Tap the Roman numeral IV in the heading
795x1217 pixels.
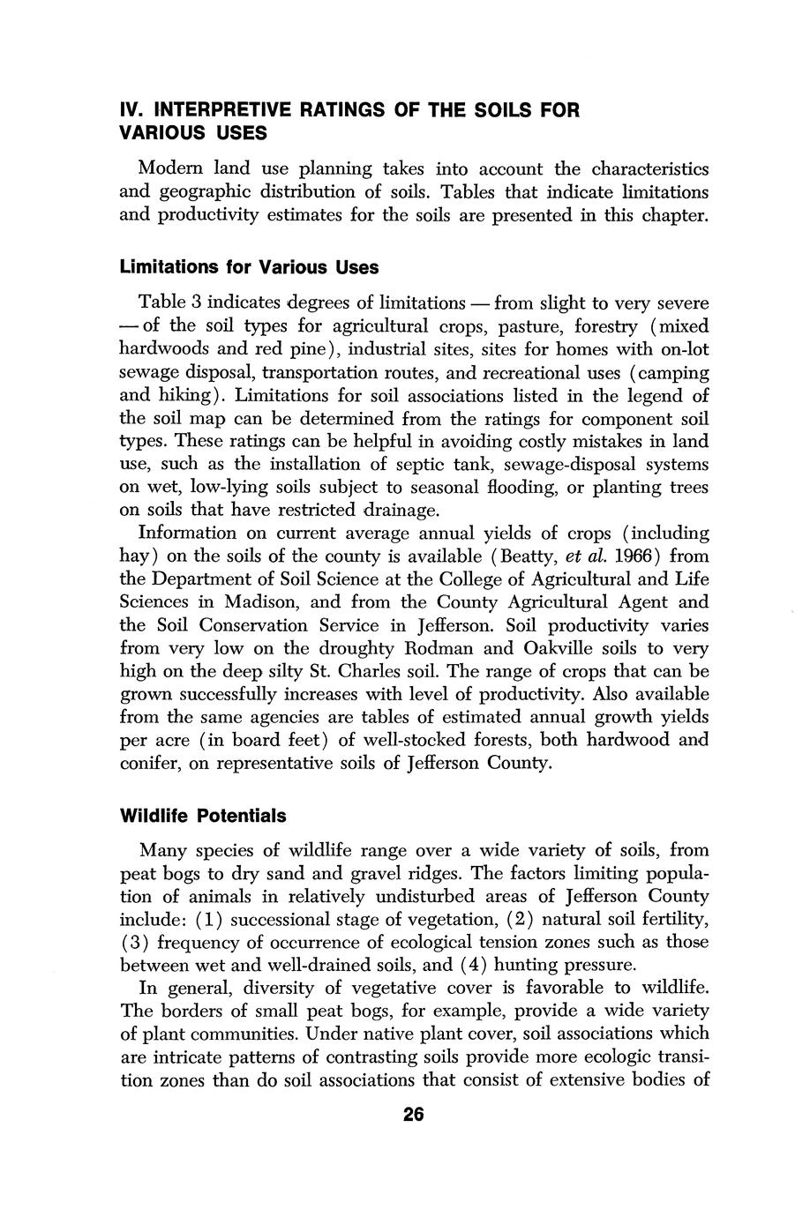pos(131,110)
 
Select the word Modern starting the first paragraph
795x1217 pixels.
pos(169,168)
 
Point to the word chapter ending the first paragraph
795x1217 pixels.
pos(676,214)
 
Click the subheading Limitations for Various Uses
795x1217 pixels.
pos(250,266)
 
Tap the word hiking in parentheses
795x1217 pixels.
pos(184,395)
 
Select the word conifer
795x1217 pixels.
pos(151,763)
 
